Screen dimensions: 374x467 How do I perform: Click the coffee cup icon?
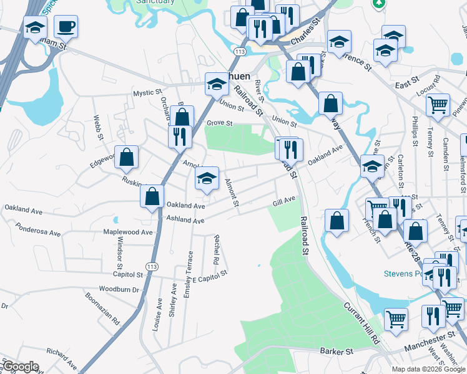tap(66, 27)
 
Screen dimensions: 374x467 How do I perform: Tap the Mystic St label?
tap(147, 93)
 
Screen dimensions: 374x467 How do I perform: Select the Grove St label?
tap(220, 122)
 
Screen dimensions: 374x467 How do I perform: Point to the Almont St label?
tap(232, 193)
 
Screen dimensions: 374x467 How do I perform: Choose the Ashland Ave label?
tap(185, 220)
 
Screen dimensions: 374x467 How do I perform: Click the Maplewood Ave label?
tap(129, 233)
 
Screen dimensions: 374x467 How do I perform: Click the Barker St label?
tap(337, 352)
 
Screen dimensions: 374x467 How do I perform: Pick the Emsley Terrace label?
tap(188, 274)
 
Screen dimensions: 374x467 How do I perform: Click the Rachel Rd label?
tap(217, 249)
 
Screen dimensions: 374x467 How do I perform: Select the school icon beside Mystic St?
tap(217, 84)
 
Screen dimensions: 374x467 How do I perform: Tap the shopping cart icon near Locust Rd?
tap(438, 104)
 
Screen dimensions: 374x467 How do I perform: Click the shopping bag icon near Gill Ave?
tap(337, 221)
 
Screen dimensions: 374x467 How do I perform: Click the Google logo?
tap(21, 367)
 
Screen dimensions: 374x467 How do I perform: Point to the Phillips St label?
tap(415, 131)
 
